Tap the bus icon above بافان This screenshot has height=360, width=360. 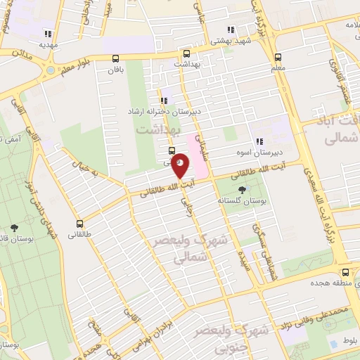116,59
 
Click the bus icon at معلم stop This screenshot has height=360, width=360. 278,58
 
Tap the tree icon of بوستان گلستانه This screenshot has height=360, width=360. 243,190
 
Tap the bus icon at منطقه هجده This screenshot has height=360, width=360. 345,271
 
